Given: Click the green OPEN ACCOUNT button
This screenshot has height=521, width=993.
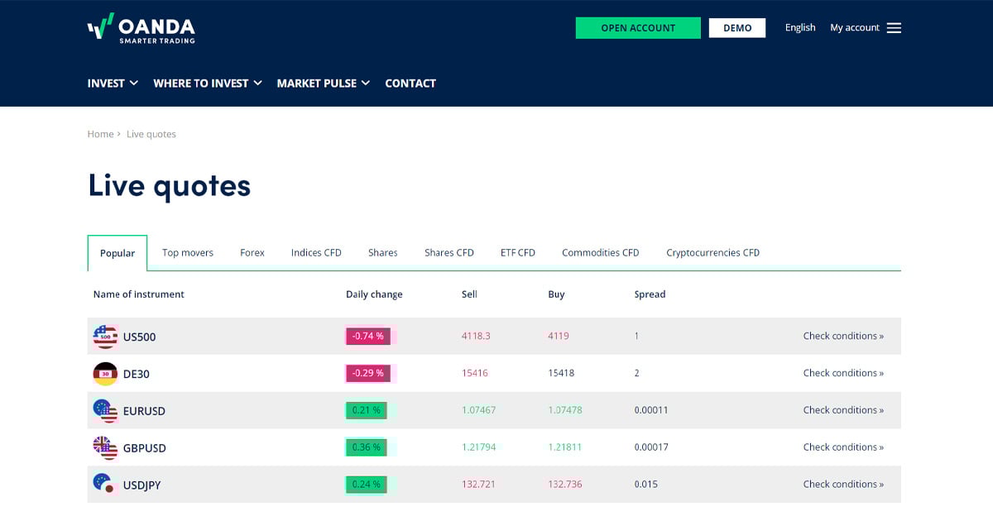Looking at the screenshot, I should [x=638, y=28].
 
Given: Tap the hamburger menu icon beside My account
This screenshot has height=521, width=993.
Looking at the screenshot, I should [x=894, y=28].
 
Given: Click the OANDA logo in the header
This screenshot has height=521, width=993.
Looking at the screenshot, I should [x=142, y=28].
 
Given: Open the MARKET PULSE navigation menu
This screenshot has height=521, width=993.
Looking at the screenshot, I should [x=323, y=84].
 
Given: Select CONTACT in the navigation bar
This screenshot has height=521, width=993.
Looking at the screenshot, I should [x=410, y=84].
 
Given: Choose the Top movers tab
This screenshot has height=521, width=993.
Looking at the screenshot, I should [x=188, y=253].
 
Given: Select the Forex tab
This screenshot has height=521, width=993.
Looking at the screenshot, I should [x=252, y=253].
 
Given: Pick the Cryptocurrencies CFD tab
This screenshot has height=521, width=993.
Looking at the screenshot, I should [x=712, y=253].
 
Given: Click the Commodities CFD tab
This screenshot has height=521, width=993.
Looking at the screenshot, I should [x=600, y=253].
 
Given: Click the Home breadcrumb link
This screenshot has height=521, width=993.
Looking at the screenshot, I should [x=100, y=134].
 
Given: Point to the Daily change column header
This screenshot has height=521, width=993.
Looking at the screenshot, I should [x=374, y=294].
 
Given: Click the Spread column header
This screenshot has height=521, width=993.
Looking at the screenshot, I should [x=650, y=294].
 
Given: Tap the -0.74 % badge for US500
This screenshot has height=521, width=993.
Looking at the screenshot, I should [x=368, y=337].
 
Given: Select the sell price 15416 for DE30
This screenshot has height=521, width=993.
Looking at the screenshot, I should [x=475, y=373].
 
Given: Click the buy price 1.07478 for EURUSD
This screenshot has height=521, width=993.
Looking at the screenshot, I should [x=565, y=410].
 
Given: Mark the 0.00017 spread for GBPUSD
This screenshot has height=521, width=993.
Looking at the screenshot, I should [x=651, y=447].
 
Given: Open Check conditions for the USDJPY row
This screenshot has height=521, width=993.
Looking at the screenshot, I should [x=843, y=485].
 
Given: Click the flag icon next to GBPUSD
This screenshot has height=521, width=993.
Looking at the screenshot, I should [x=105, y=447].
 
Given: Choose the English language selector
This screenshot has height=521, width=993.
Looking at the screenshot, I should [x=800, y=28].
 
